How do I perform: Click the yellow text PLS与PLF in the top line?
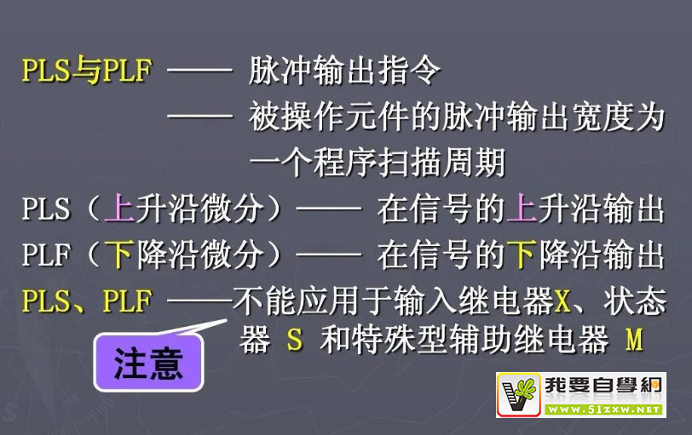coord(87,70)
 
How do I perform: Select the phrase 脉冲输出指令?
coord(344,70)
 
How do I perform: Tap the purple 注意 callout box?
coord(148,363)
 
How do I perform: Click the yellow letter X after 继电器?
coord(562,301)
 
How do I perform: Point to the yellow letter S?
coord(295,340)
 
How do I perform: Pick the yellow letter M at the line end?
coord(634,340)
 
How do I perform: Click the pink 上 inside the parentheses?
coord(119,208)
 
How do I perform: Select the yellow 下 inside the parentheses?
coord(119,255)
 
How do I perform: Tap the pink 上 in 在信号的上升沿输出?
coord(522,208)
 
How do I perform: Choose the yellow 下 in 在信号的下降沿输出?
coord(522,255)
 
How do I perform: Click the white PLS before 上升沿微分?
coord(46,209)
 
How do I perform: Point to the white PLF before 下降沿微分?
coord(46,255)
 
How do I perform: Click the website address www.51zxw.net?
coord(603,409)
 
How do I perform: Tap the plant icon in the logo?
coord(519,394)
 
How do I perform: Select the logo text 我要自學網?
coord(603,385)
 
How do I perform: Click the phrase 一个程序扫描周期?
coord(378,163)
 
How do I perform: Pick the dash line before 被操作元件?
coord(200,117)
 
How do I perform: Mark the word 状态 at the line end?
coord(635,301)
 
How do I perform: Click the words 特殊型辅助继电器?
coord(464,340)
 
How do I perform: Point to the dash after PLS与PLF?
coord(200,70)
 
